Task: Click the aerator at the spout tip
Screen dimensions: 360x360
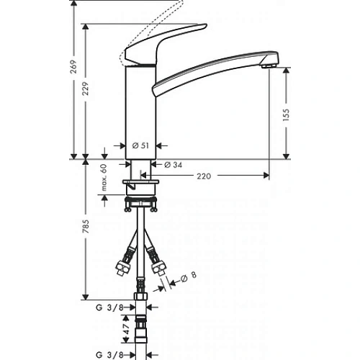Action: (269, 66)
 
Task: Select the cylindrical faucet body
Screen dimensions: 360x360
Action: (140, 108)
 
